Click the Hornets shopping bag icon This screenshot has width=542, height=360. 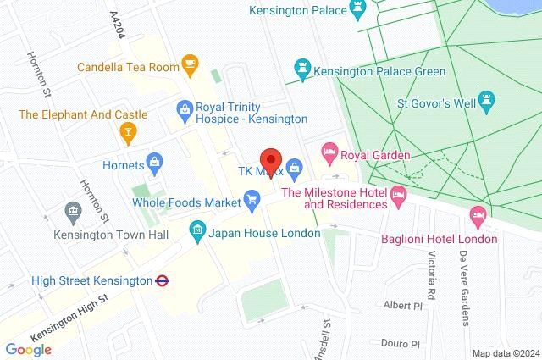(154, 161)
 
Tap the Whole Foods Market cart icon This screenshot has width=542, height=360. (252, 200)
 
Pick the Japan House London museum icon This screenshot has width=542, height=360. (196, 231)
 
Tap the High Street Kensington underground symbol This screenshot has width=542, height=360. (162, 279)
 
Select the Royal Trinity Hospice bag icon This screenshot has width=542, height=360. (182, 108)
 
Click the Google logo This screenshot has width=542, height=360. (28, 348)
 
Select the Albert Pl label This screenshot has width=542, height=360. (401, 305)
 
